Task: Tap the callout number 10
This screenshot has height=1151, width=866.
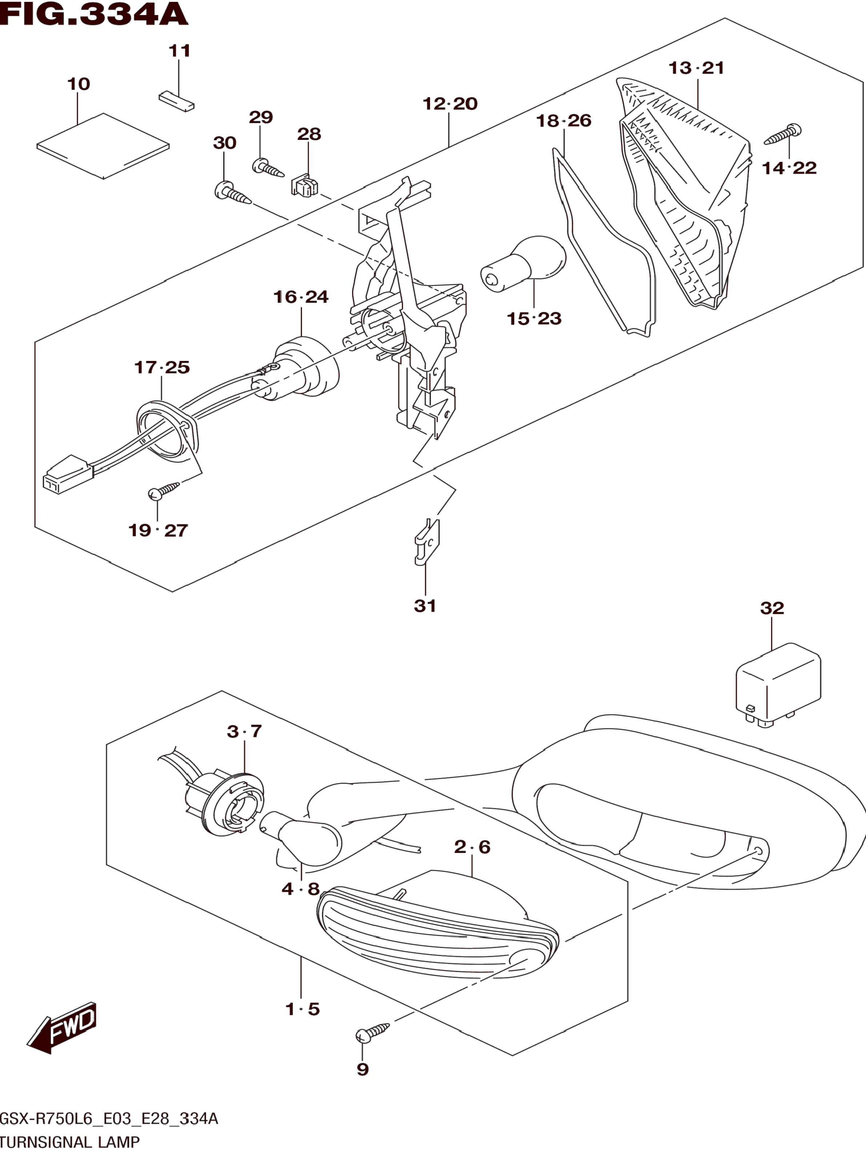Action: pos(79,84)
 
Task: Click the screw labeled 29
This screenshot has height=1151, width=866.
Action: pos(268,168)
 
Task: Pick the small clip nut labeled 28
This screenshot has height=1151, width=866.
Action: pos(305,184)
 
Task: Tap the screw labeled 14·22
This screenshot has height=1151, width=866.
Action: pos(782,134)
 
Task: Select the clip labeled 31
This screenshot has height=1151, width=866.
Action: pos(427,542)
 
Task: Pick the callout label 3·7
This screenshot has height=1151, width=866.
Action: pos(244,731)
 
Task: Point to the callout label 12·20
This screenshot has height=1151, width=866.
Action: pos(450,104)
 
